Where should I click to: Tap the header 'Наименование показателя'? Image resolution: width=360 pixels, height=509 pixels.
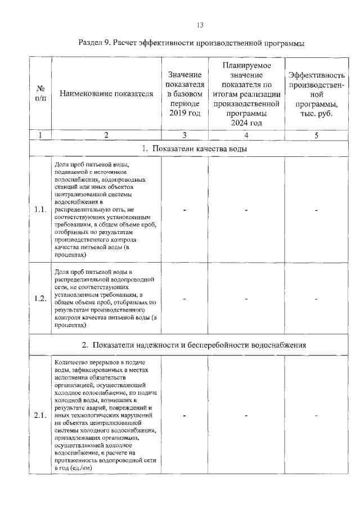106,93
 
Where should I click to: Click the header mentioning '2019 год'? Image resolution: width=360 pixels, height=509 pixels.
184,93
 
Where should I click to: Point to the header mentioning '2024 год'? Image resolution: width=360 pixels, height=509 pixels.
246,93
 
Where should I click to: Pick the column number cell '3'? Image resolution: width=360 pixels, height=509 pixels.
184,135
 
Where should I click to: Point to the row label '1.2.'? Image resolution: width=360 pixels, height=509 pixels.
40,298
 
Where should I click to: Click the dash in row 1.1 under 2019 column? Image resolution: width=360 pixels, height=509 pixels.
184,210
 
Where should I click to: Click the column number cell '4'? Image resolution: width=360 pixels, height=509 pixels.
246,135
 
